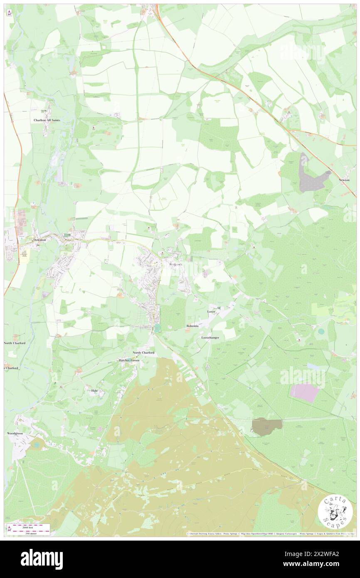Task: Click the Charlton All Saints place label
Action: (x=47, y=120)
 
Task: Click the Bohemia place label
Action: (x=192, y=326)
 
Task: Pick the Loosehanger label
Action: (x=210, y=338)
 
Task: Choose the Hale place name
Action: (x=95, y=391)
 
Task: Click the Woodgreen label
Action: (x=15, y=433)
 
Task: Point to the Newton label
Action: (x=344, y=180)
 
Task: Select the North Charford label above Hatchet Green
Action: (x=143, y=353)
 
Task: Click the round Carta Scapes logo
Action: (x=335, y=511)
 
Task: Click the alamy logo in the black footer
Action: (x=42, y=559)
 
